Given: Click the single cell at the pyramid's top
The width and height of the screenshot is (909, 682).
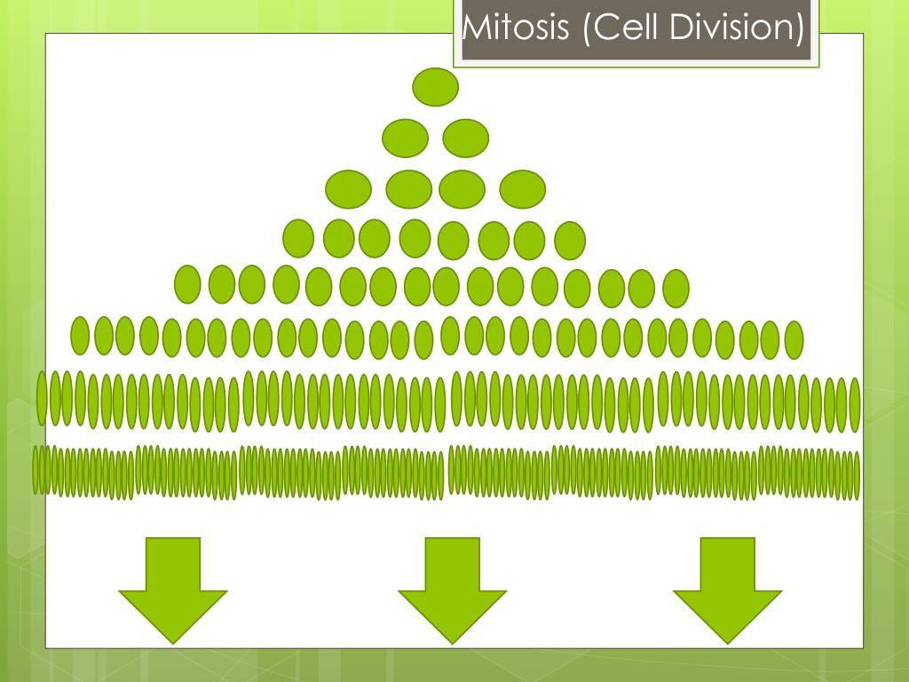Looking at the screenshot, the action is tap(436, 87).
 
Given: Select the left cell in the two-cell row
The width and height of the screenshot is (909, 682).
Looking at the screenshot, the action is tap(406, 138).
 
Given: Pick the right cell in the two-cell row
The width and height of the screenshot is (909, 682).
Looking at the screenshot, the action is tap(466, 138).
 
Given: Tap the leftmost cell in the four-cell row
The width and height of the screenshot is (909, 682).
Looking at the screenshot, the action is tap(349, 189).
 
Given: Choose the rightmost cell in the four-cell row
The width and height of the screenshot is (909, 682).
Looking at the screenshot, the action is tap(523, 189).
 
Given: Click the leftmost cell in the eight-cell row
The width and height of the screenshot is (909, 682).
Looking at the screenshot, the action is tap(298, 238).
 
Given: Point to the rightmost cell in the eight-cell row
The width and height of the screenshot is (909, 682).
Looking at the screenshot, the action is tap(570, 240).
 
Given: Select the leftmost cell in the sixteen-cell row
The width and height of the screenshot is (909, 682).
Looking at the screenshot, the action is tap(187, 284).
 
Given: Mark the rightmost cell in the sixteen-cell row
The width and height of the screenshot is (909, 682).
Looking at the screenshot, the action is tap(676, 288).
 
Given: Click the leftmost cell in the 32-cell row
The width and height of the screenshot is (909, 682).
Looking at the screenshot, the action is tap(81, 335).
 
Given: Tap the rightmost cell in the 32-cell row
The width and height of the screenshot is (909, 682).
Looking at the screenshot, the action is tap(794, 340).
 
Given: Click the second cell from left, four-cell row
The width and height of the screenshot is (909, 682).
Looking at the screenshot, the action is tap(409, 189).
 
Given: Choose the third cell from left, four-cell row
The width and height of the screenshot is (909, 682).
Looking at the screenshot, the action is tap(462, 189).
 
